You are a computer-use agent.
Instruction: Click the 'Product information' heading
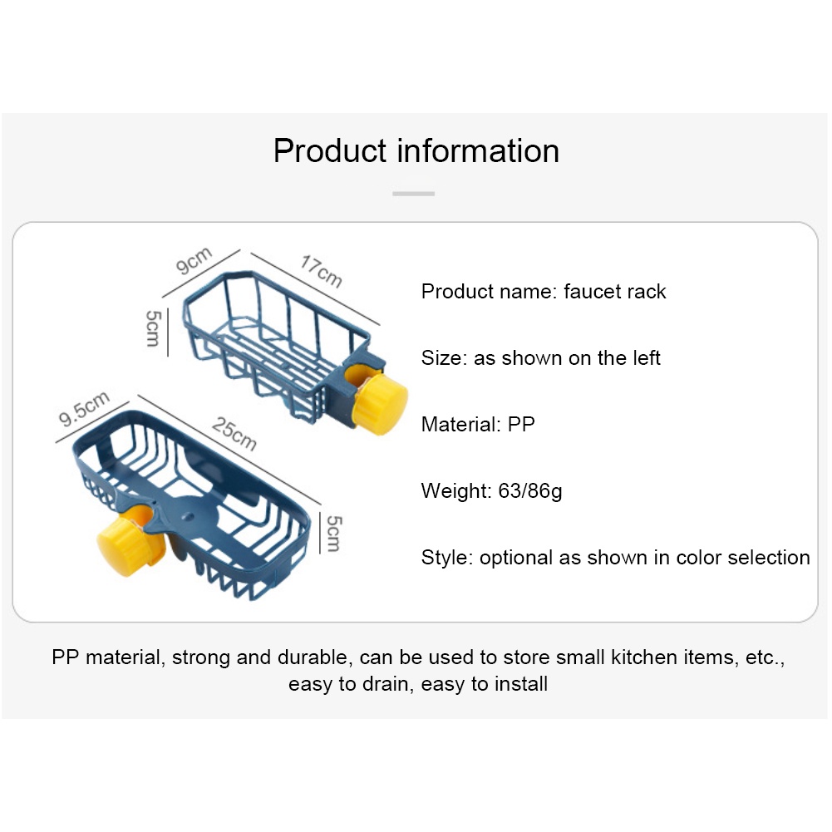[x=416, y=151]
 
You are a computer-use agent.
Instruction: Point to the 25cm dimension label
[x=234, y=434]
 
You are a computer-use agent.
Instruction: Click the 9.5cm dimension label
[x=83, y=410]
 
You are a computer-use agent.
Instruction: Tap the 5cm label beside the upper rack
[x=153, y=328]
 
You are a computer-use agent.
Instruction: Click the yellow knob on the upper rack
[x=380, y=404]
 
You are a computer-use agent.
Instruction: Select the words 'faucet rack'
[x=614, y=292]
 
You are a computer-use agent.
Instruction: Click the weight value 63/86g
[x=529, y=491]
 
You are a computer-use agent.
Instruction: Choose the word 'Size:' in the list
[x=444, y=358]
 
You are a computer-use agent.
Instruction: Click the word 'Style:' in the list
[x=447, y=558]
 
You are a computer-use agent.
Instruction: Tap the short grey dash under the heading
[x=413, y=194]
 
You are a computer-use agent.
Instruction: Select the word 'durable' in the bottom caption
[x=312, y=657]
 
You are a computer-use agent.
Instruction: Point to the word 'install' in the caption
[x=519, y=685]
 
